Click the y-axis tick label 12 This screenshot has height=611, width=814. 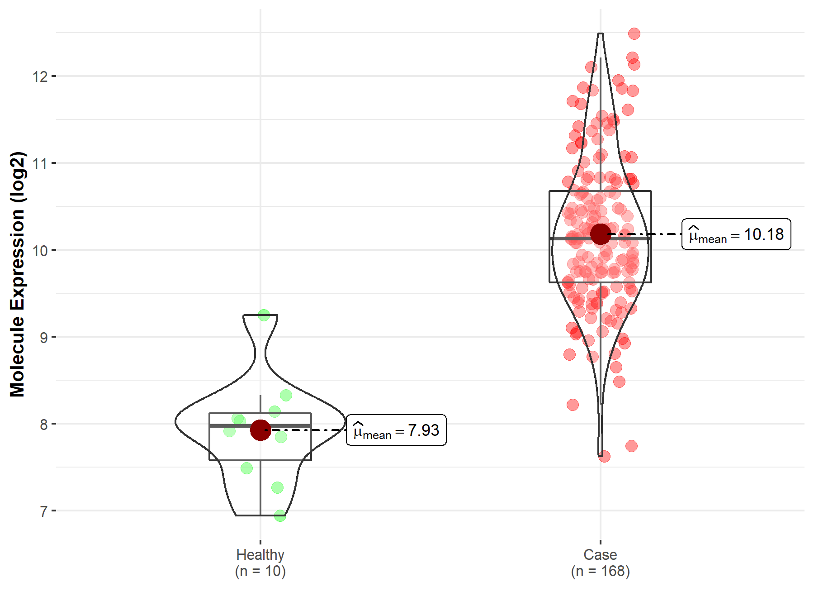point(40,76)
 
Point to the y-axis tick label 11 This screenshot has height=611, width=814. point(40,163)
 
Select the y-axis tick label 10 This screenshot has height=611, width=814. point(40,250)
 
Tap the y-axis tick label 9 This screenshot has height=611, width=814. point(43,337)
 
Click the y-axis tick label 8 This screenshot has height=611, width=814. point(43,425)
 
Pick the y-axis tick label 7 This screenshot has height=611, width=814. point(43,511)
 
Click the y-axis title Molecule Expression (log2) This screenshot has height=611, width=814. point(17,274)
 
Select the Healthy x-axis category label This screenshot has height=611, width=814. point(260,554)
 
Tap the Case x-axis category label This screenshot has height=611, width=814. point(600,554)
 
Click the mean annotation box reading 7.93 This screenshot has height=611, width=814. point(396,430)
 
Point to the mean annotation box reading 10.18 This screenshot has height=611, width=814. point(736,234)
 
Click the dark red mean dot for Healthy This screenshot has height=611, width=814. point(260,430)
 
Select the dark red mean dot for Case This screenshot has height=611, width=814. point(601,234)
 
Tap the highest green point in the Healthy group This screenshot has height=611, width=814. point(264,315)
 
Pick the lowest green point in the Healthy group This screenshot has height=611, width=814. point(280,516)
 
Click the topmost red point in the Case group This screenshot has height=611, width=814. point(634,33)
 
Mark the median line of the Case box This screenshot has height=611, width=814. point(570,238)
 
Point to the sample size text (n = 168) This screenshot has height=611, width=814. point(600,571)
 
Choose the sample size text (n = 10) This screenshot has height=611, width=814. point(260,571)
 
